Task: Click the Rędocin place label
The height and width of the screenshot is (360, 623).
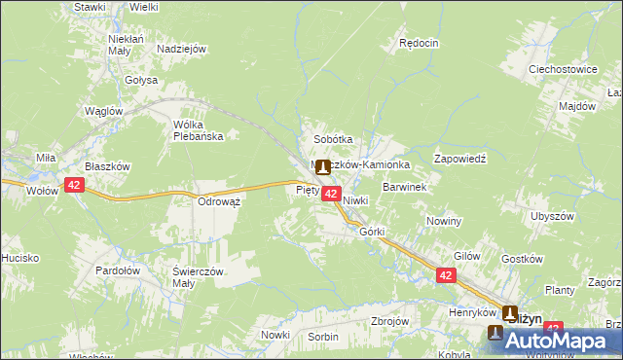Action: click(420, 43)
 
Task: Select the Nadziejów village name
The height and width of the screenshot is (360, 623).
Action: click(180, 48)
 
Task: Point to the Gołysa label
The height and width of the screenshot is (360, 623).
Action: click(140, 80)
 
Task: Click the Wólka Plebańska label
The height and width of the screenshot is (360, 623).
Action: click(198, 130)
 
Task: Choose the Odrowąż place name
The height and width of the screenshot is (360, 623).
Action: click(219, 200)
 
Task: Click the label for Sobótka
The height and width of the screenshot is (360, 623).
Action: click(332, 139)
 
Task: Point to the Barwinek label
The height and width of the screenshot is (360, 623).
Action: click(406, 185)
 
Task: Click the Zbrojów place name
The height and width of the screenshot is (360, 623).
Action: click(389, 320)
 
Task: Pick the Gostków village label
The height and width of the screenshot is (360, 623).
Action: click(520, 260)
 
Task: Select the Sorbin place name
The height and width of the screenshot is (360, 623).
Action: click(322, 336)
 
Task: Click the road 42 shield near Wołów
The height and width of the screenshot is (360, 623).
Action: click(75, 183)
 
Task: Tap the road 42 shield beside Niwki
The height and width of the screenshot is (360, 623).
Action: click(331, 195)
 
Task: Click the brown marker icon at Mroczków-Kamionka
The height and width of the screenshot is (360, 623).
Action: click(322, 167)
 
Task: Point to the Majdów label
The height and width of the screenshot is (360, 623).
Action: click(577, 105)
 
